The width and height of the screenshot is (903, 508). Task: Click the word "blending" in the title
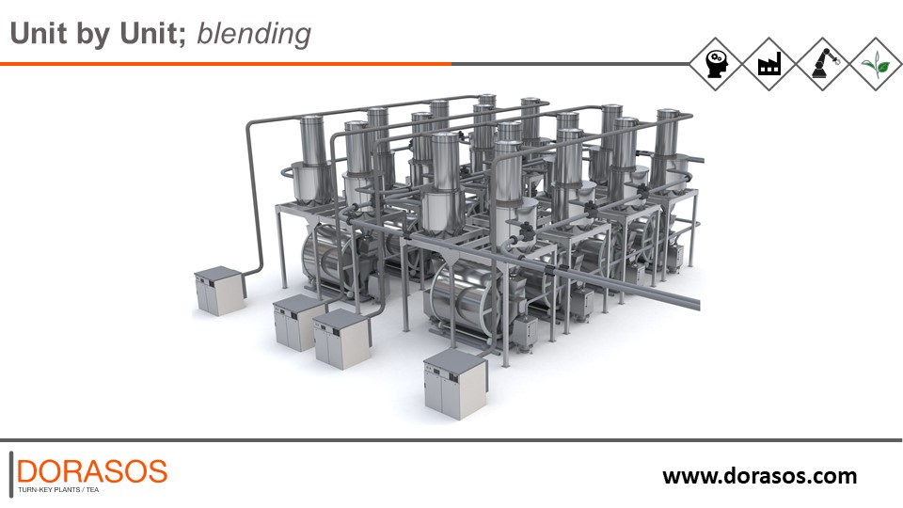point(254,34)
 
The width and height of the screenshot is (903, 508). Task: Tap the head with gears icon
point(715,64)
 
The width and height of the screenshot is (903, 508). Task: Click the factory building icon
point(768,64)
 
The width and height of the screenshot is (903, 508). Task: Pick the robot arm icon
point(822,64)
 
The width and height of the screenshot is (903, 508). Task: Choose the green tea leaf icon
point(876,64)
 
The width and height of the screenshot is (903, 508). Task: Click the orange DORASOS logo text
point(92,471)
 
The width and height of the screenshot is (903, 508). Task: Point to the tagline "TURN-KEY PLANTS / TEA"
point(58,490)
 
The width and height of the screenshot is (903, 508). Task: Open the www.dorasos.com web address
point(760,476)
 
